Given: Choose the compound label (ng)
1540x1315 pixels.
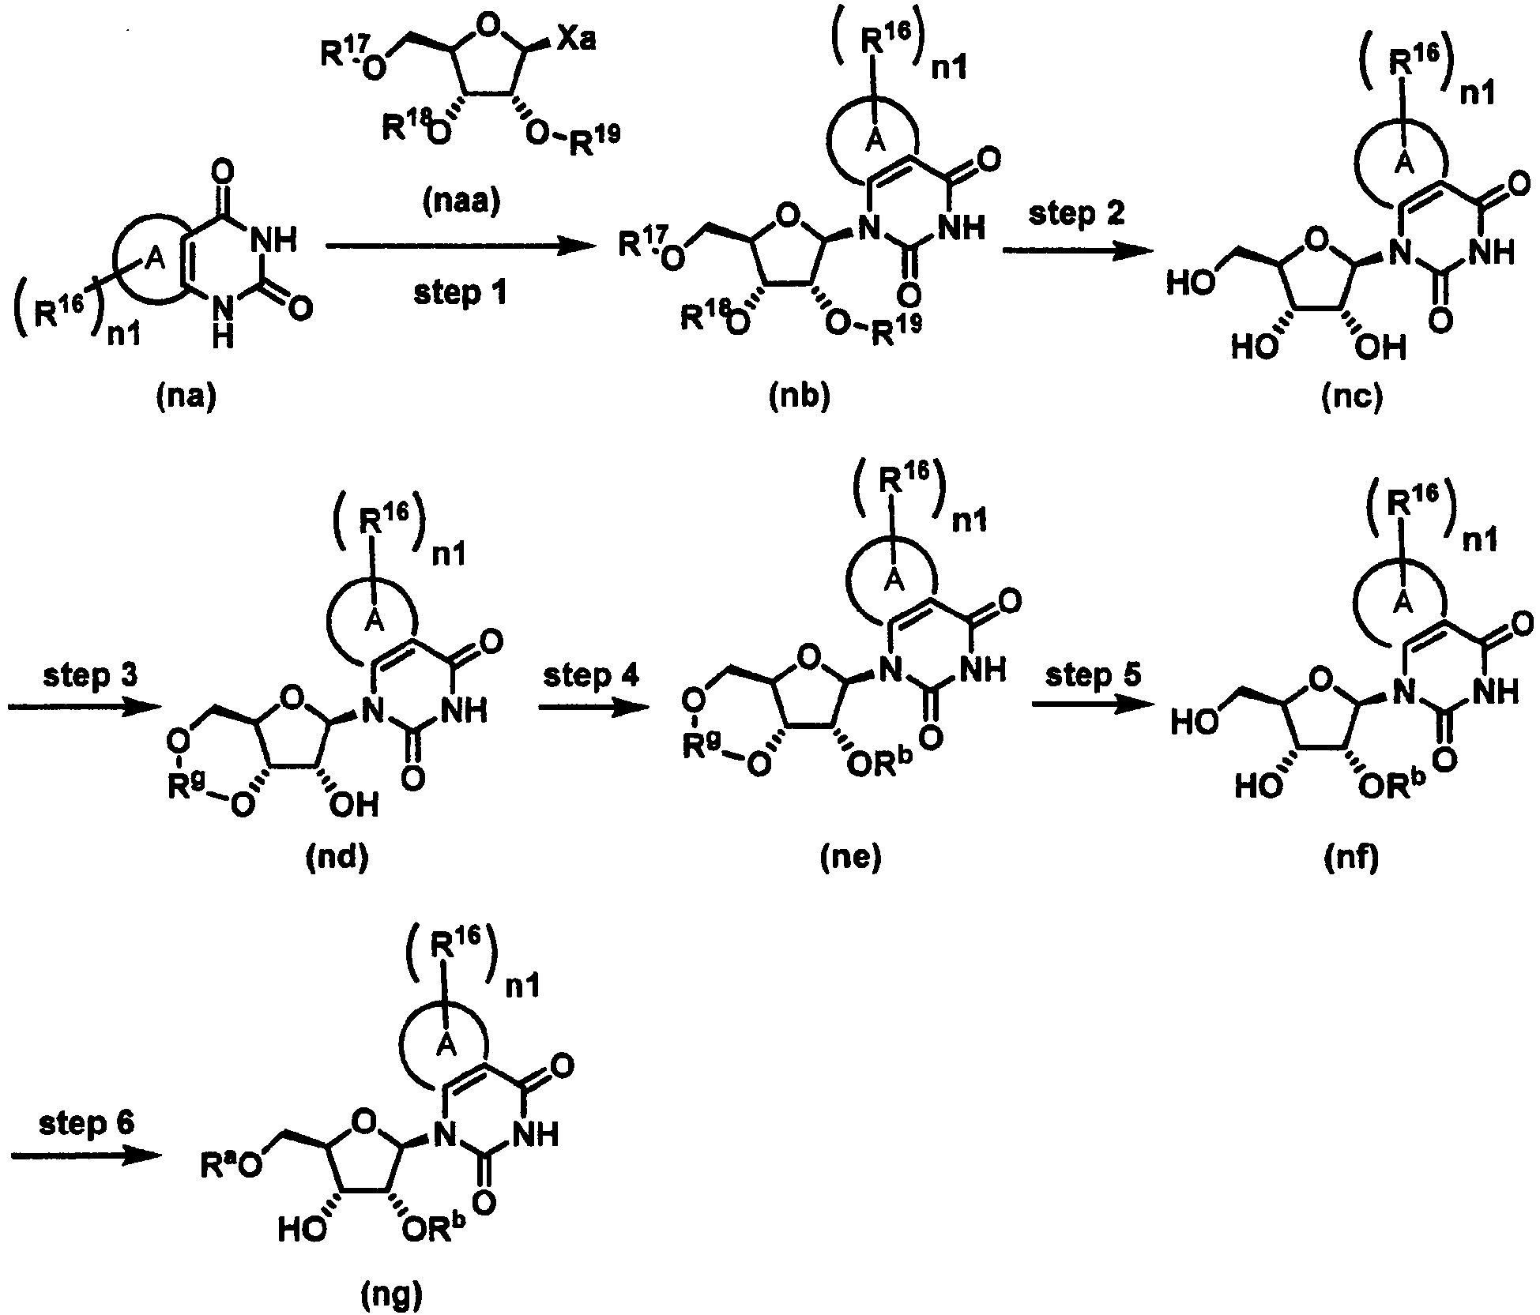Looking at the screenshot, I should tap(392, 1295).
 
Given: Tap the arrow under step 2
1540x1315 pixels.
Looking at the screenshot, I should tap(1075, 251).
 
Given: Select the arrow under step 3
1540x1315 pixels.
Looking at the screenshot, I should tap(79, 708).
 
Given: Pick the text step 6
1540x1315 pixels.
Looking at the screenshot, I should tap(87, 1124).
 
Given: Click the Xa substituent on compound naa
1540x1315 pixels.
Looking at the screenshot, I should tap(575, 40).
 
